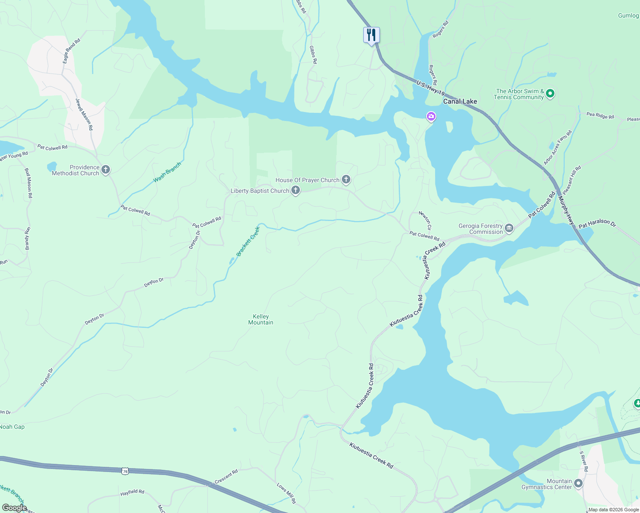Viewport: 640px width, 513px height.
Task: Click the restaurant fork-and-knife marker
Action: pos(371,35)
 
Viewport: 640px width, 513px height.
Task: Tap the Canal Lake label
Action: pos(460,101)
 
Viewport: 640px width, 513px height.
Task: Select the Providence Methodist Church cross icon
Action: pos(105,170)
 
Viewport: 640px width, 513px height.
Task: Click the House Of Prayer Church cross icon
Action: pos(346,180)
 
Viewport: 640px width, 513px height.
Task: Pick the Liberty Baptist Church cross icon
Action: pos(296,190)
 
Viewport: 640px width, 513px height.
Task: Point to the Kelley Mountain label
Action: pos(261,319)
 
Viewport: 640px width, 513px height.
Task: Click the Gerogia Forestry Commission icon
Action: pos(509,228)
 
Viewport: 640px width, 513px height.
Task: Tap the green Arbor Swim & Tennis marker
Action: pos(550,93)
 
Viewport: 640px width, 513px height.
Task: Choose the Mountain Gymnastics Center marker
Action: pos(578,484)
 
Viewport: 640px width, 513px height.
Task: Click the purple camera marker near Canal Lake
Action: pos(431,116)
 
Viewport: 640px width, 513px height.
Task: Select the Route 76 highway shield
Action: pos(124,471)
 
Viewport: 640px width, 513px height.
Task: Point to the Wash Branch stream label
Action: pos(167,172)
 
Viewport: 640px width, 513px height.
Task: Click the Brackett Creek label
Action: pos(248,242)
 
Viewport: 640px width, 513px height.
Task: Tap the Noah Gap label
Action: pos(12,427)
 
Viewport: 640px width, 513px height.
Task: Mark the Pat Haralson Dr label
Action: pos(597,223)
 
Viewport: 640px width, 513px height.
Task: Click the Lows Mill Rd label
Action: pos(286,493)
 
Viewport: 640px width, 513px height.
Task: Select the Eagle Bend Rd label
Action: pos(71,51)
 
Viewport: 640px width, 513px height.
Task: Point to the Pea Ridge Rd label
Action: pos(600,115)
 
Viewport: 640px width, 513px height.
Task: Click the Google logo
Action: pos(15,508)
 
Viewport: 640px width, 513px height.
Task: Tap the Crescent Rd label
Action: pos(226,477)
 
